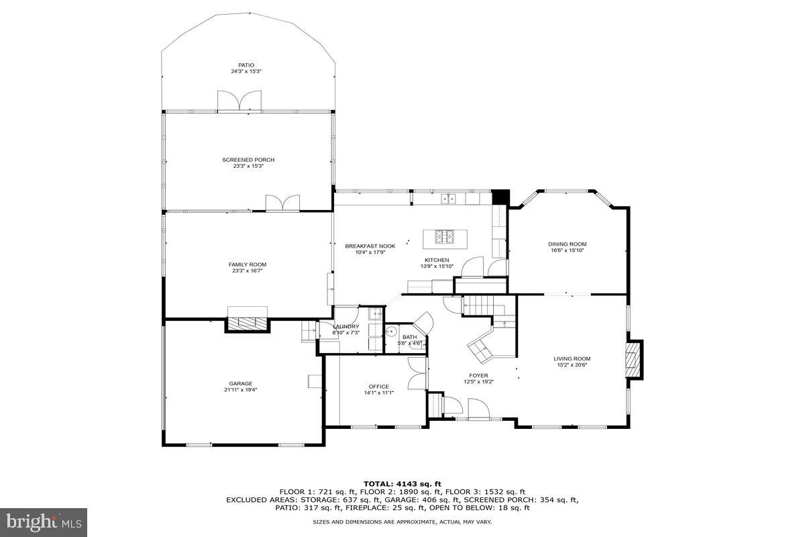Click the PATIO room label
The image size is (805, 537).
pyautogui.click(x=246, y=65)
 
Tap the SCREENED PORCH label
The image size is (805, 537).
pyautogui.click(x=248, y=160)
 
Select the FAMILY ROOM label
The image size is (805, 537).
pyautogui.click(x=248, y=264)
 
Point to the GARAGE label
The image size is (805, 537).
pyautogui.click(x=240, y=384)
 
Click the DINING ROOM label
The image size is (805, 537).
pyautogui.click(x=568, y=244)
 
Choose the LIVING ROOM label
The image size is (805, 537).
pyautogui.click(x=572, y=358)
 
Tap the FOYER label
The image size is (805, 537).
pyautogui.click(x=478, y=376)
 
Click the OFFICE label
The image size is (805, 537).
pyautogui.click(x=378, y=387)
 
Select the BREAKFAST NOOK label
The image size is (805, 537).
pyautogui.click(x=370, y=246)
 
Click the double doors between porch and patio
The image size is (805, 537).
pyautogui.click(x=239, y=101)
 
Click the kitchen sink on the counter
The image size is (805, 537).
pyautogui.click(x=449, y=199)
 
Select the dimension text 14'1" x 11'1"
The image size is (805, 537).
pyautogui.click(x=378, y=393)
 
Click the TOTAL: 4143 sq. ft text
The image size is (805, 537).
pyautogui.click(x=402, y=483)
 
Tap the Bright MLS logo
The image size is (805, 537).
pyautogui.click(x=44, y=522)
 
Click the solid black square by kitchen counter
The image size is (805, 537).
pyautogui.click(x=500, y=197)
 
